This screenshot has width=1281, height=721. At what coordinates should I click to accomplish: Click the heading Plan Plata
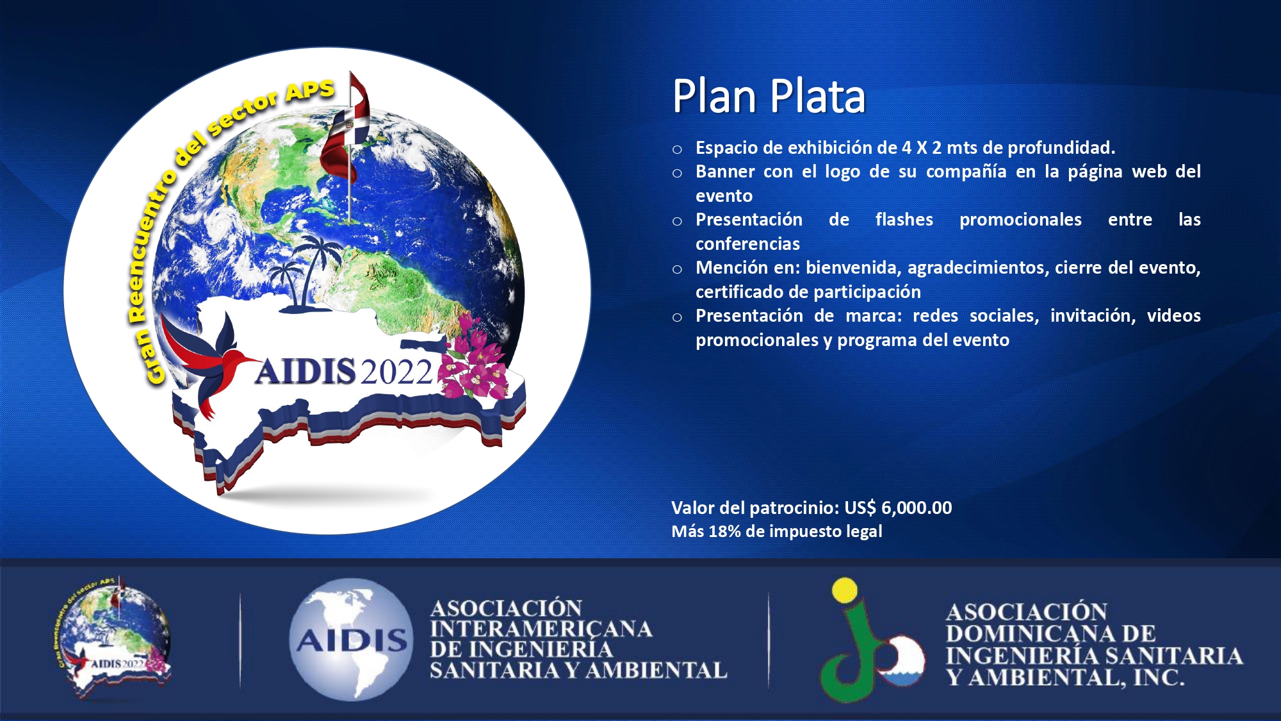click(x=769, y=96)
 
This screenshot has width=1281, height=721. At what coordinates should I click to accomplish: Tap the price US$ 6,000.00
click(x=898, y=508)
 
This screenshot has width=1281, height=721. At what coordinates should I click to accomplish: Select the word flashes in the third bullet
click(x=904, y=219)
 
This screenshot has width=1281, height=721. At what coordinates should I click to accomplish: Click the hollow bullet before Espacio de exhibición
click(x=677, y=150)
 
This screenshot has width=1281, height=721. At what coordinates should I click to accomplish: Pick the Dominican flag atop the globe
click(x=346, y=128)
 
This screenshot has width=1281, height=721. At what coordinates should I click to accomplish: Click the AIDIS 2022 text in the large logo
click(x=345, y=372)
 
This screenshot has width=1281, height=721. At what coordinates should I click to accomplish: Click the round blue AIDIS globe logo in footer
click(x=350, y=639)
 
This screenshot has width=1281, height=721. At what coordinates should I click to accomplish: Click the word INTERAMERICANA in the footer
click(x=541, y=629)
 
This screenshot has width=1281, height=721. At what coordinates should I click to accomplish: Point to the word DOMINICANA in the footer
click(x=1051, y=634)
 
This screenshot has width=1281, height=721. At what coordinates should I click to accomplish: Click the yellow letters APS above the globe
click(x=310, y=90)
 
